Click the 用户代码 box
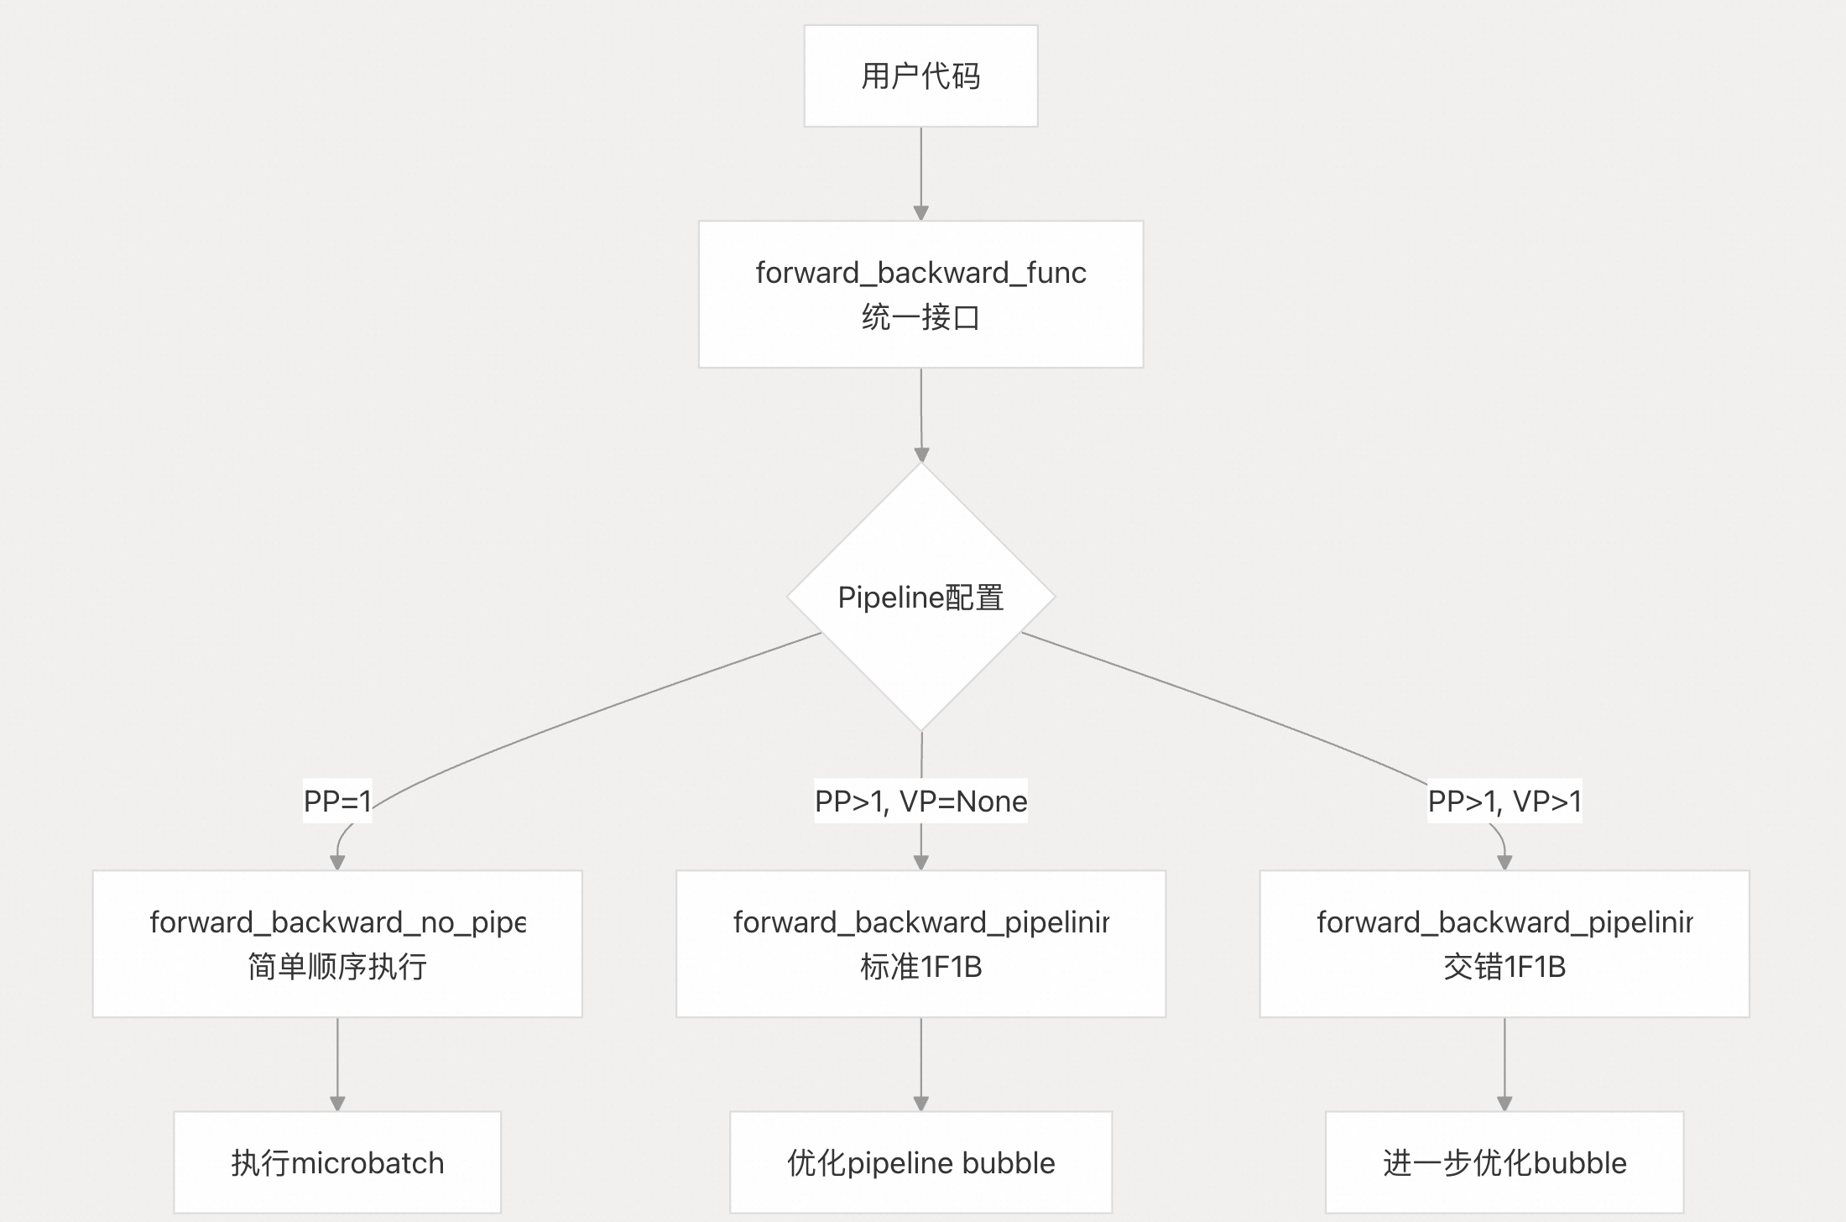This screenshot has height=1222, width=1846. point(920,76)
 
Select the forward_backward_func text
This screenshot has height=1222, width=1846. point(920,273)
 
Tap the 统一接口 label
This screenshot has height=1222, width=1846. point(920,317)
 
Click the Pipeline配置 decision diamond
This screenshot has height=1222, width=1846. point(920,597)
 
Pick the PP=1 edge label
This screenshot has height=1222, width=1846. point(336,801)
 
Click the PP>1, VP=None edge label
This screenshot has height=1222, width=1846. point(920,801)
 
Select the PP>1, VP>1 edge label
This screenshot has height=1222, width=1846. point(1504,801)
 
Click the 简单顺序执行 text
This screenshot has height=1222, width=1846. point(336,967)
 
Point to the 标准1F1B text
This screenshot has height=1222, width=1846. point(920,967)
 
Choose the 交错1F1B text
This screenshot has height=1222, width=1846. point(1504,967)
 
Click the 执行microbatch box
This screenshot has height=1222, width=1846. point(336,1162)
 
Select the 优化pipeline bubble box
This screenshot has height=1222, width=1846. point(920,1162)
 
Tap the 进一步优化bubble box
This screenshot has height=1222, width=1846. point(1504,1162)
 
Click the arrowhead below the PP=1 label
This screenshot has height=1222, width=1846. point(337,862)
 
